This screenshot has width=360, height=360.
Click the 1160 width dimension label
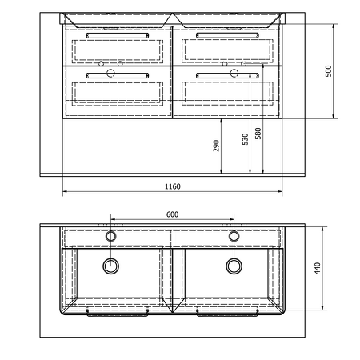point(173,186)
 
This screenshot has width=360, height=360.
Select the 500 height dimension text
point(329,71)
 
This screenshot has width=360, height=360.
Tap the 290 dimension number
point(216,146)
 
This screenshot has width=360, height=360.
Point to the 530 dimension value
point(245,139)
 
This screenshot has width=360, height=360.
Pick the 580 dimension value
point(258,134)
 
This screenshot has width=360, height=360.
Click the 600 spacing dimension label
point(172,214)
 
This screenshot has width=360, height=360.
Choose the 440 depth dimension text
point(318,268)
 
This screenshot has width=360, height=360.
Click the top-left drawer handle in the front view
point(118,35)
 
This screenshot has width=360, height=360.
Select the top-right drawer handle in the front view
point(227,35)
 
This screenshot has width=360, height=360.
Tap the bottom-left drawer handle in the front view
point(118,76)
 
